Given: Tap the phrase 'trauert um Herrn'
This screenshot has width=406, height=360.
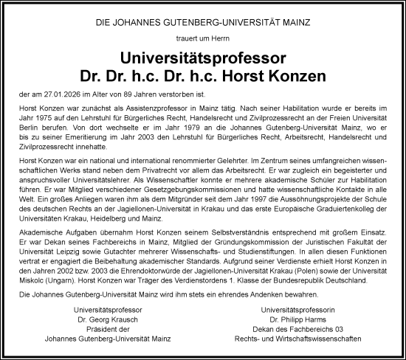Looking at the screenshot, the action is [202, 41].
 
